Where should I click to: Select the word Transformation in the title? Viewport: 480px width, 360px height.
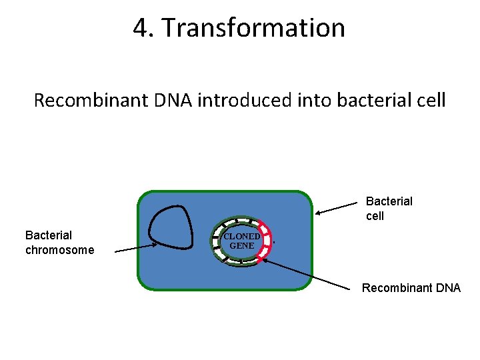(x=254, y=28)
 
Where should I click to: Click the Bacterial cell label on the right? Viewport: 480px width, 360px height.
(x=389, y=208)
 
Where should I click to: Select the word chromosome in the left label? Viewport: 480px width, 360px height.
(x=59, y=250)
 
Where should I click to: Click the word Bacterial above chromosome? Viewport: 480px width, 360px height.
(x=48, y=235)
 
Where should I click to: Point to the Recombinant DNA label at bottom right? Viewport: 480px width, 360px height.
(x=411, y=288)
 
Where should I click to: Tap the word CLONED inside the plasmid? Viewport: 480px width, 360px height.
(x=241, y=236)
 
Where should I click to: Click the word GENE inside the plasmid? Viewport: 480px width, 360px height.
(x=241, y=245)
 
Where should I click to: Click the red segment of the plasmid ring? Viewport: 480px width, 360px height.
(x=269, y=241)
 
